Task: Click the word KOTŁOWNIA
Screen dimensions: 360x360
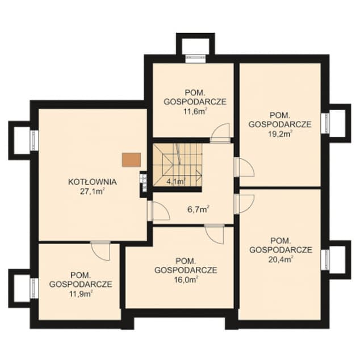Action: point(93,182)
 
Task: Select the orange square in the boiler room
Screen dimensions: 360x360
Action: point(131,160)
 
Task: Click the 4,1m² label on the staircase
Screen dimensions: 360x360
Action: point(176,182)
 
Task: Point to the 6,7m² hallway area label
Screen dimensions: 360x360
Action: point(198,210)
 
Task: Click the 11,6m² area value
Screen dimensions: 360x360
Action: point(195,111)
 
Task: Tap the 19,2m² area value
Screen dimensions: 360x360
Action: point(280,133)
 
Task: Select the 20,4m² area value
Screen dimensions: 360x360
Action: point(281,259)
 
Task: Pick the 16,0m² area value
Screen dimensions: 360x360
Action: point(186,279)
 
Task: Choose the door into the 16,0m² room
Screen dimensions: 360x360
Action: point(215,234)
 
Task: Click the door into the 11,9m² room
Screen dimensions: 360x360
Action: point(101,251)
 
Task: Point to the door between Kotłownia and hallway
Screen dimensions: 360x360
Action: point(158,211)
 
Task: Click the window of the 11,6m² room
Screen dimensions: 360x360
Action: point(195,58)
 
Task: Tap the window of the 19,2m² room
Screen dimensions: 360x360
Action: point(325,123)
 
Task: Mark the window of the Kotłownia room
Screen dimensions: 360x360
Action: point(35,140)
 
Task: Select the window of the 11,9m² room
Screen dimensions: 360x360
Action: point(35,288)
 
